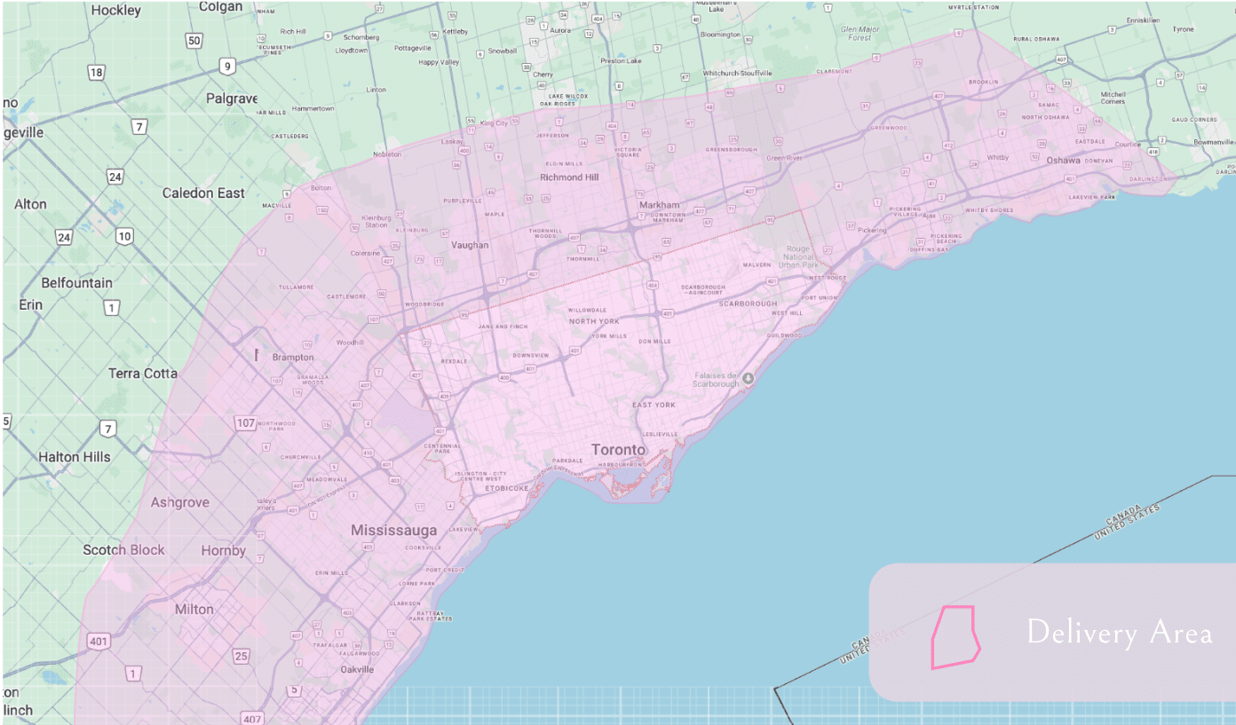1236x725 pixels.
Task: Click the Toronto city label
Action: coord(619,450)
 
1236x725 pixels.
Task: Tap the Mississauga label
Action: coord(394,531)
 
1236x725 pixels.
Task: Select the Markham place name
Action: coord(659,205)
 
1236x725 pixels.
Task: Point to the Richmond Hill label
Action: coord(569,177)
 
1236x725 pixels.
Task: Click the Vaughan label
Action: coord(470,245)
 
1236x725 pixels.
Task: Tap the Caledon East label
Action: coord(203,193)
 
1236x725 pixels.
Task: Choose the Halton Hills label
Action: coord(75,457)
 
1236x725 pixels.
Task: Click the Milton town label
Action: coord(194,610)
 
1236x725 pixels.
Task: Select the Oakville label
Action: coord(357,670)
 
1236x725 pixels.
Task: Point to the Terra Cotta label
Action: coord(143,373)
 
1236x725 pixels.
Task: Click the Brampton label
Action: coord(293,358)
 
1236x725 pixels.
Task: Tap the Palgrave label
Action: coord(232,99)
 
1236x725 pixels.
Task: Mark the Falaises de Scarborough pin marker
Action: coord(749,378)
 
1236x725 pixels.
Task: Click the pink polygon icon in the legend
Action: coord(955,636)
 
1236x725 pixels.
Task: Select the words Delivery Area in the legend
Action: coord(1119,633)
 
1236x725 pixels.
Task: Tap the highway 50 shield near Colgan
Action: coord(194,42)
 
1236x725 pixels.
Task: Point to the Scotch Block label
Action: coord(123,550)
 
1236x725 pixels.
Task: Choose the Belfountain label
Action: coord(77,283)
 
